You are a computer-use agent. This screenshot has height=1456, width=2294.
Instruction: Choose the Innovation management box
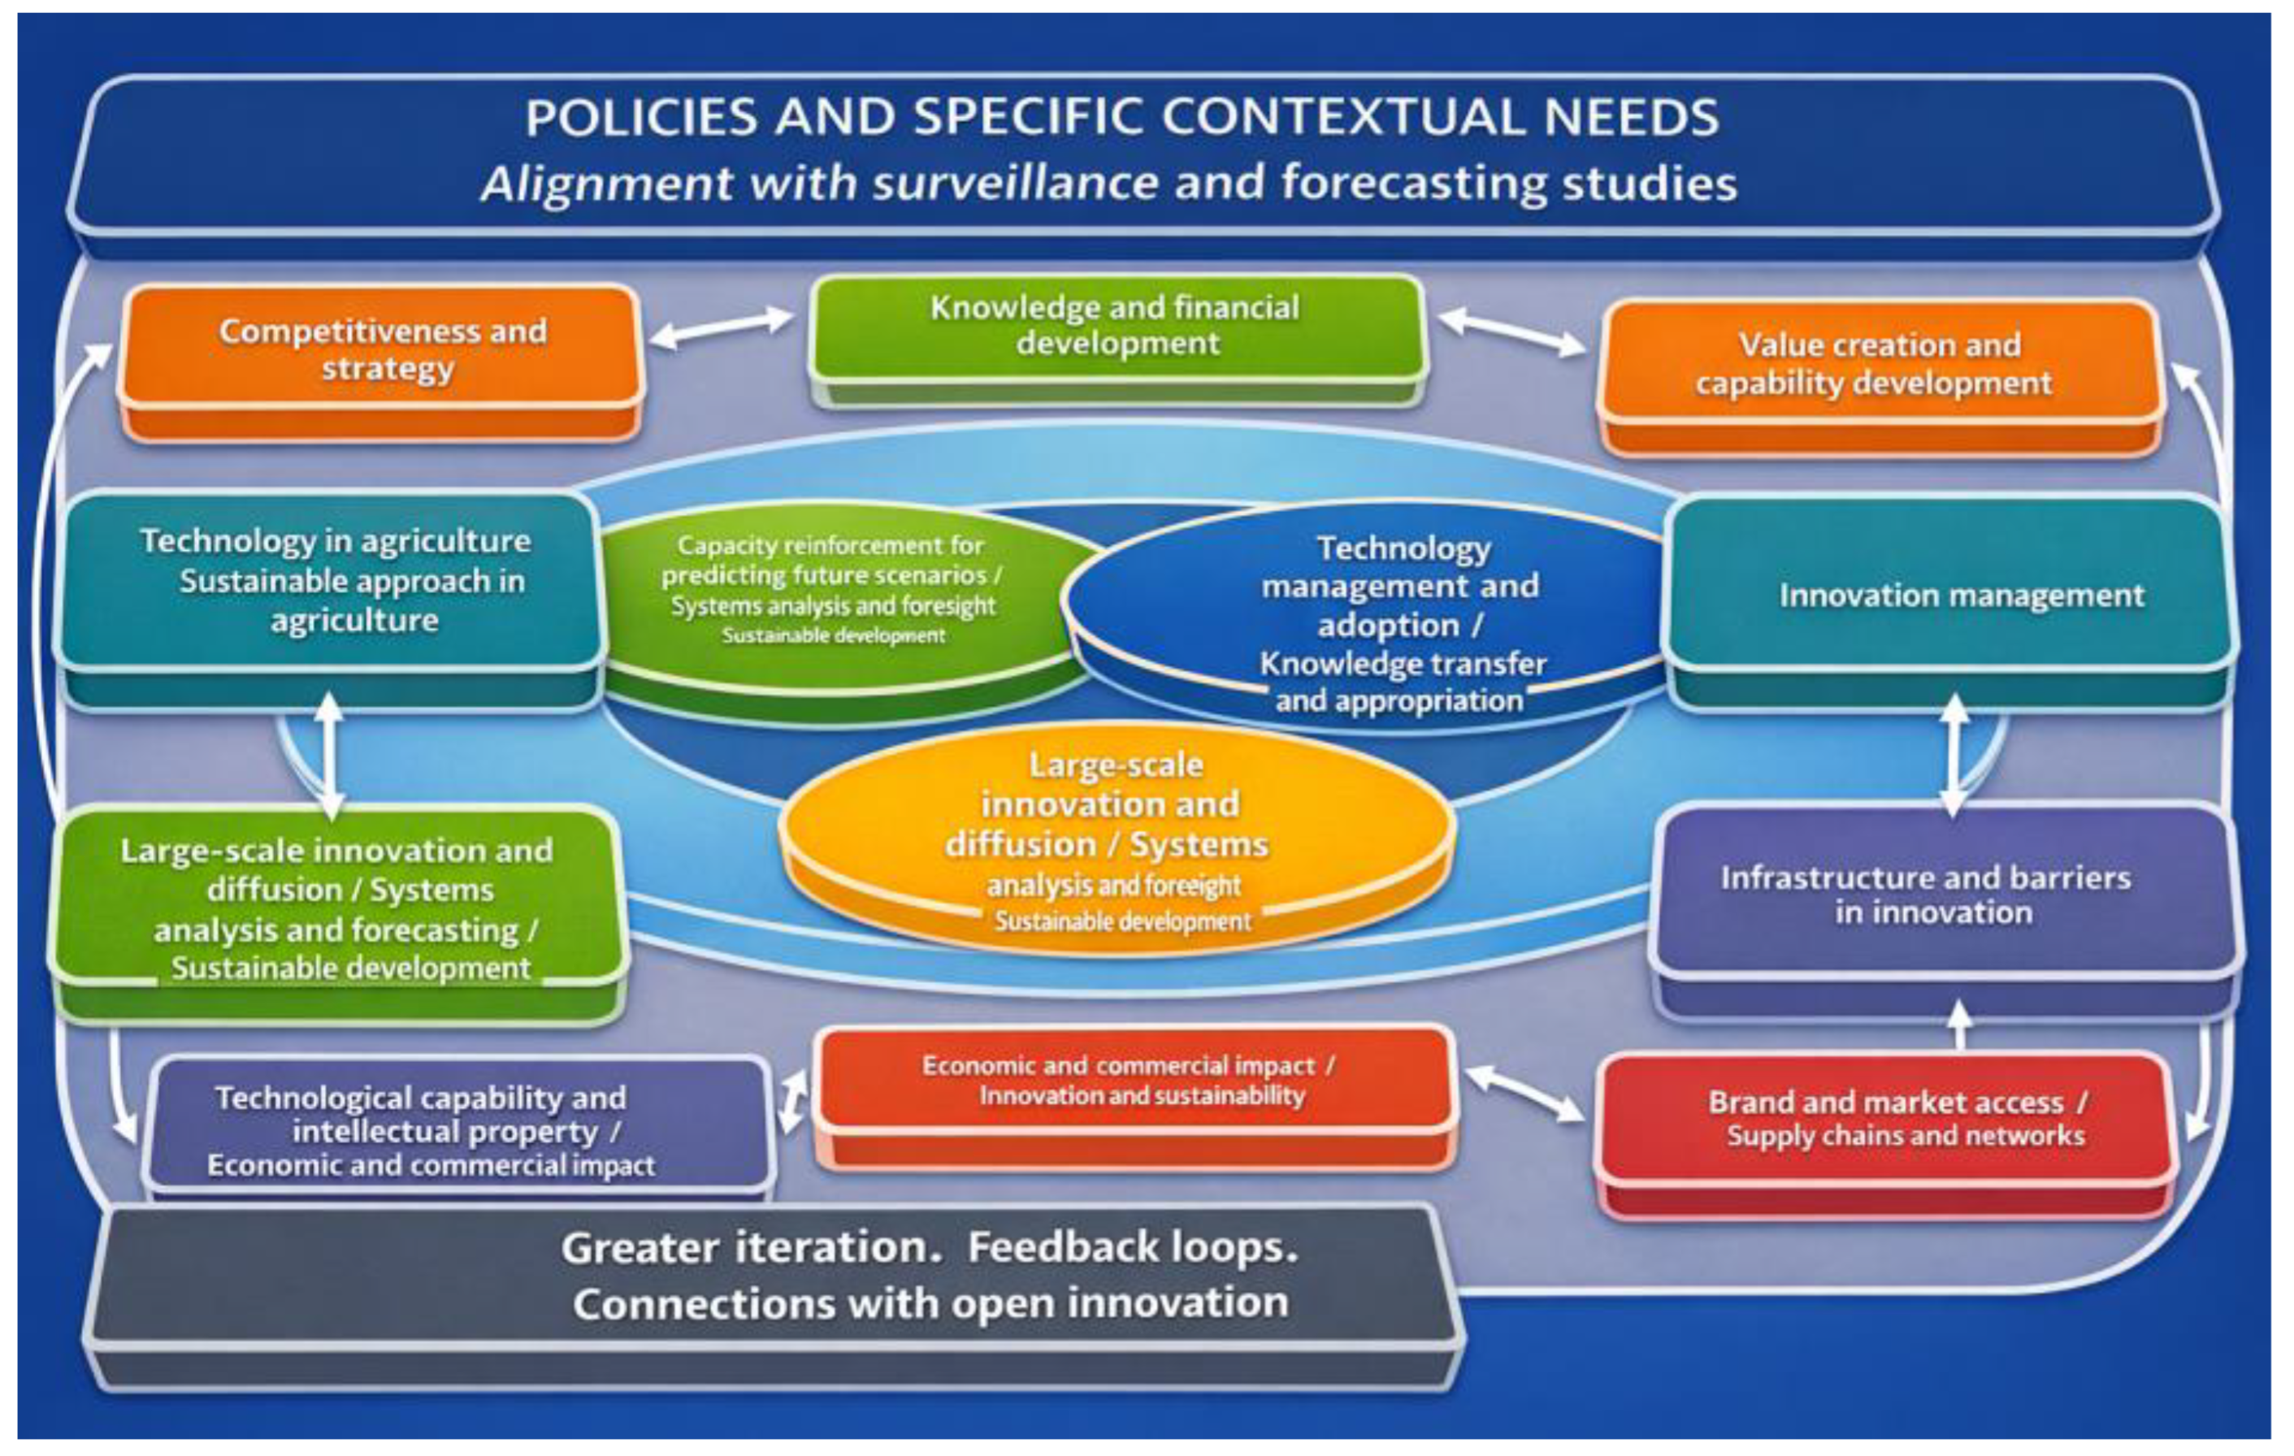pyautogui.click(x=1953, y=596)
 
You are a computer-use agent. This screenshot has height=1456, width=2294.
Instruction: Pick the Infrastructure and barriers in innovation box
pyautogui.click(x=1934, y=895)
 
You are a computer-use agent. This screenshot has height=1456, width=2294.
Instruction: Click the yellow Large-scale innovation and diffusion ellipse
pyautogui.click(x=1115, y=838)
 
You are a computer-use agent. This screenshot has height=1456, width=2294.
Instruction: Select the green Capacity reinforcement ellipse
pyautogui.click(x=834, y=591)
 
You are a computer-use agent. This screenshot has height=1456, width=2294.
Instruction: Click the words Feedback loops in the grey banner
pyautogui.click(x=1134, y=1247)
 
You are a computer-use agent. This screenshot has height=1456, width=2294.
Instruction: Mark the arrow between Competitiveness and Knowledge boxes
pyautogui.click(x=722, y=327)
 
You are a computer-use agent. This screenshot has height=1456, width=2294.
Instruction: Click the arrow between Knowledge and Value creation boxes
pyautogui.click(x=1513, y=332)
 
